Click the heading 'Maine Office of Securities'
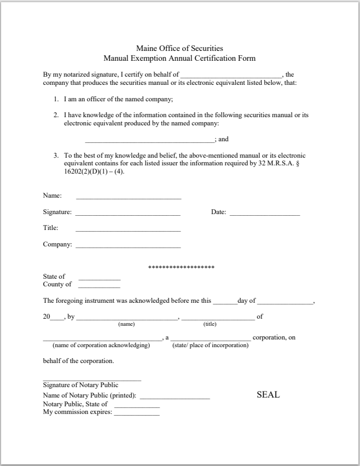[x=179, y=49]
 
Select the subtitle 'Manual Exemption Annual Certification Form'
[x=179, y=58]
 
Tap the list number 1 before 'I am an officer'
[x=56, y=100]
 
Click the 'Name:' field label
[x=53, y=195]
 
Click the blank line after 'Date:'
[x=265, y=215]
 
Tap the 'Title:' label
[x=51, y=228]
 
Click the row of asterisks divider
[x=181, y=267]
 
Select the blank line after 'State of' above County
[x=99, y=279]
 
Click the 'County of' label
[x=57, y=284]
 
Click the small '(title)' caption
[x=210, y=324]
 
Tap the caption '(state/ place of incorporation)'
[x=211, y=346]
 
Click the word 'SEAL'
[x=268, y=395]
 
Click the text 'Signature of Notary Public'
[x=80, y=385]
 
